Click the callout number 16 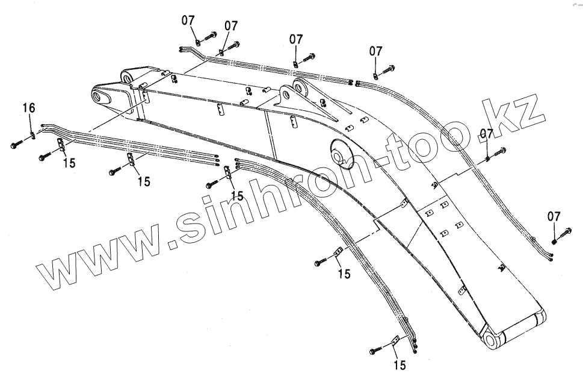pyautogui.click(x=29, y=108)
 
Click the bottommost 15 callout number pyautogui.click(x=400, y=365)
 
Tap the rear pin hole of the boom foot pyautogui.click(x=127, y=76)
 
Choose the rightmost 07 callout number pyautogui.click(x=554, y=216)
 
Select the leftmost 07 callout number pyautogui.click(x=189, y=20)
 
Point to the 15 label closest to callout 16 pyautogui.click(x=69, y=163)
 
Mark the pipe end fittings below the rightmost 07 pyautogui.click(x=551, y=257)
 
